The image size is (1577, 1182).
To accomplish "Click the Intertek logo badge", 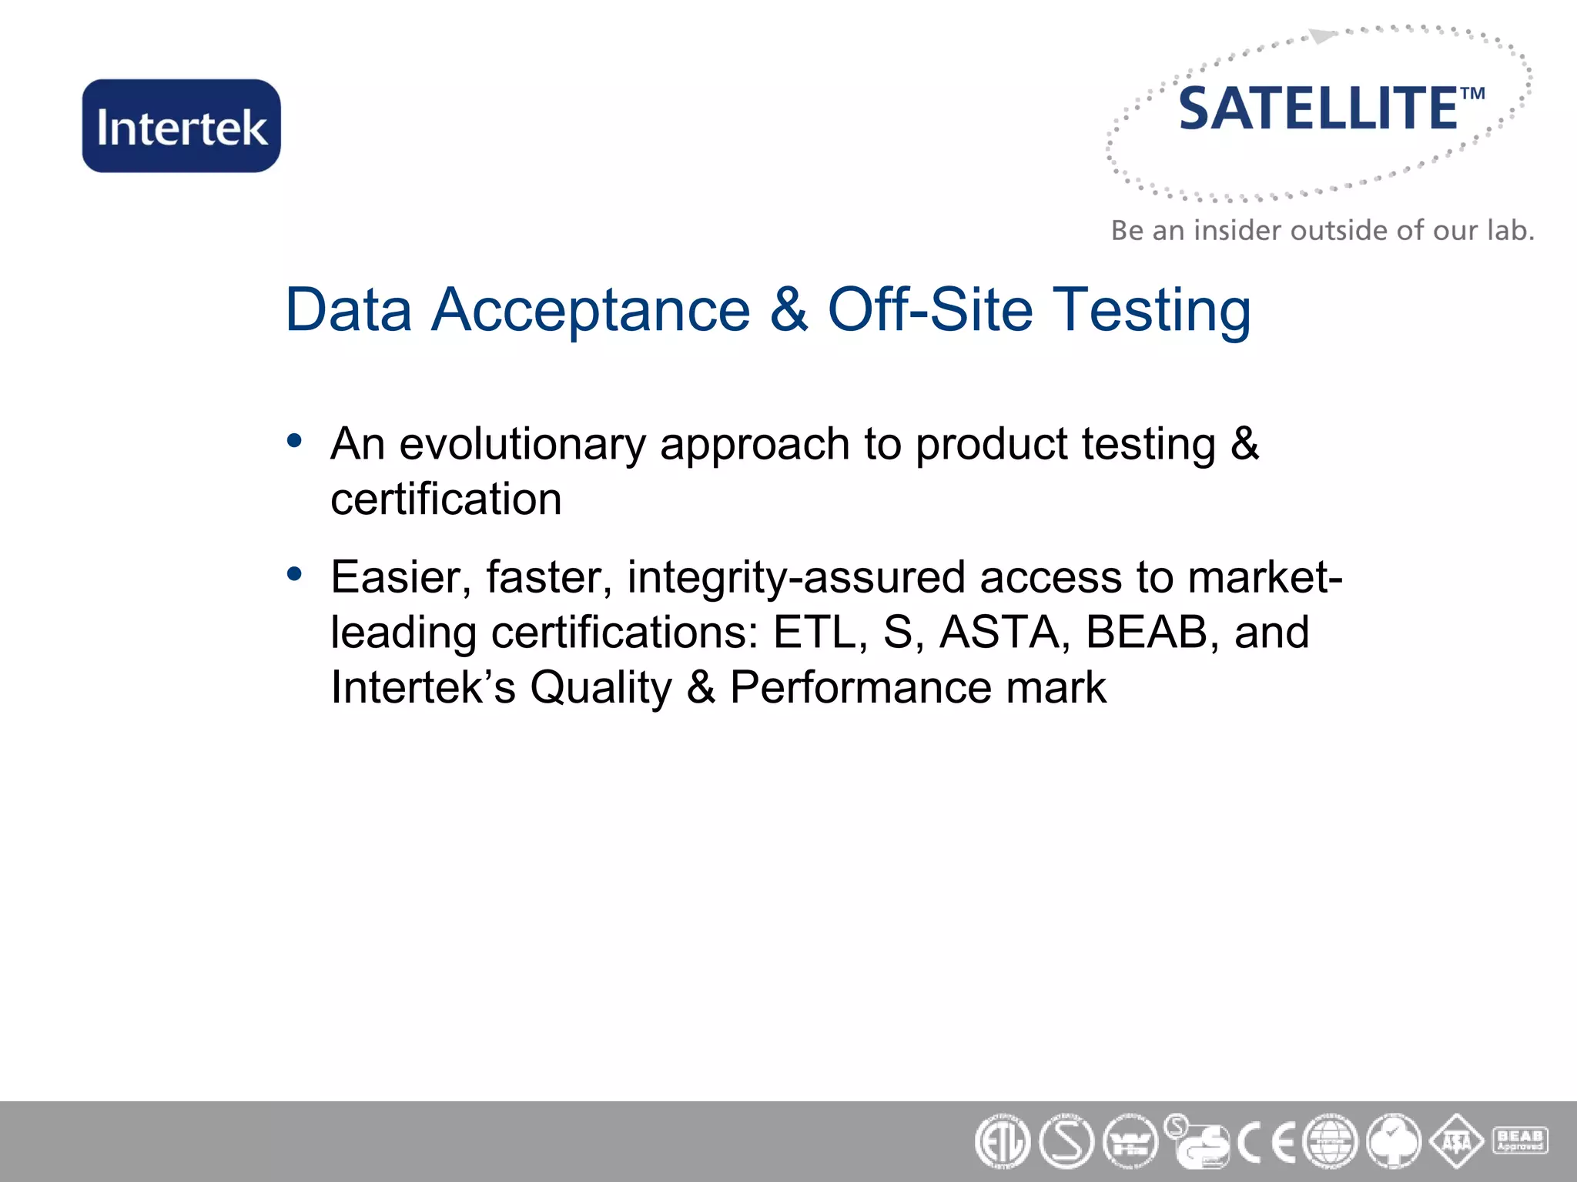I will pyautogui.click(x=182, y=126).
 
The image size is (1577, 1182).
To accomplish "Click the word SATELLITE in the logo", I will pyautogui.click(x=1318, y=109).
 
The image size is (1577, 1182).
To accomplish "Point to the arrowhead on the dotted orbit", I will pyautogui.click(x=1321, y=36).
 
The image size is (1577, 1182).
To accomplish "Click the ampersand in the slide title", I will pyautogui.click(x=788, y=309).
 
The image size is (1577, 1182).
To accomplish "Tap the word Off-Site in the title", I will pyautogui.click(x=929, y=309).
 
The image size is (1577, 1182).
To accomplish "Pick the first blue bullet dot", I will pyautogui.click(x=294, y=441).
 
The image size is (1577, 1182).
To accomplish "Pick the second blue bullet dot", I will pyautogui.click(x=294, y=574).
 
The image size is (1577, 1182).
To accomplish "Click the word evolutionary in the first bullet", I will pyautogui.click(x=522, y=444).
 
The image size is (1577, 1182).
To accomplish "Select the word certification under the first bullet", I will pyautogui.click(x=446, y=499).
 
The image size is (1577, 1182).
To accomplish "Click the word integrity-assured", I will pyautogui.click(x=796, y=577).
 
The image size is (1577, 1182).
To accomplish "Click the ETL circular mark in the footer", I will pyautogui.click(x=1002, y=1142).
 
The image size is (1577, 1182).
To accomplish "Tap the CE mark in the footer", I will pyautogui.click(x=1267, y=1142).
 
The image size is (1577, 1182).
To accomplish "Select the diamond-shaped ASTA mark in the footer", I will pyautogui.click(x=1456, y=1142).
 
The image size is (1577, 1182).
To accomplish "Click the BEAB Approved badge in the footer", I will pyautogui.click(x=1520, y=1140).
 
